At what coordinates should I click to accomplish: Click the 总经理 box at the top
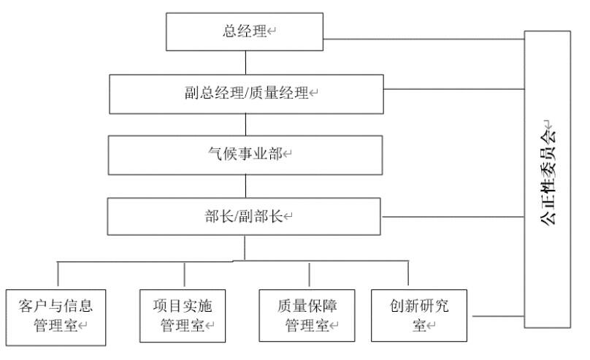pyautogui.click(x=245, y=32)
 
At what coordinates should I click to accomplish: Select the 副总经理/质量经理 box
pyautogui.click(x=246, y=93)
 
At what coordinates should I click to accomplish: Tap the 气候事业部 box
pyautogui.click(x=246, y=154)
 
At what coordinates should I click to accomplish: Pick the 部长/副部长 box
pyautogui.click(x=246, y=216)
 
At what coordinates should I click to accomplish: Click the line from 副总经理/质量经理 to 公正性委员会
pyautogui.click(x=453, y=89)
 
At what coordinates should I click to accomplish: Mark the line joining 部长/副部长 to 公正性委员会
pyautogui.click(x=453, y=217)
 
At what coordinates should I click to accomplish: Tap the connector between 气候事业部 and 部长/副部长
pyautogui.click(x=245, y=185)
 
